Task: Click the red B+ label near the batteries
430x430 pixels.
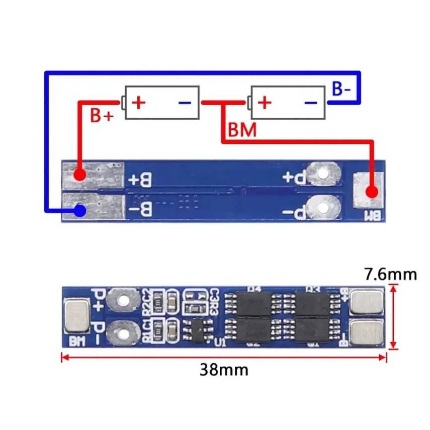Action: (102, 115)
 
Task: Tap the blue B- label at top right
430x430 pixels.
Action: (341, 89)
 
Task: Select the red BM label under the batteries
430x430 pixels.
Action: (242, 130)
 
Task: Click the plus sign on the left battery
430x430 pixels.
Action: (138, 103)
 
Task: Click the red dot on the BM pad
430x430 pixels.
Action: (372, 192)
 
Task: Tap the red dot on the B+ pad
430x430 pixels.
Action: (79, 175)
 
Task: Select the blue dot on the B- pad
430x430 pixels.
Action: (79, 210)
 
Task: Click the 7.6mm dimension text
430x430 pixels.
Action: (390, 274)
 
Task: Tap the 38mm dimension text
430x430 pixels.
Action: (224, 370)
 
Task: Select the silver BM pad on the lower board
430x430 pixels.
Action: (77, 315)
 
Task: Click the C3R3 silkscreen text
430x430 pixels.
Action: (213, 301)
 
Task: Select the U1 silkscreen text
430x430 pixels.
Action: (219, 342)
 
